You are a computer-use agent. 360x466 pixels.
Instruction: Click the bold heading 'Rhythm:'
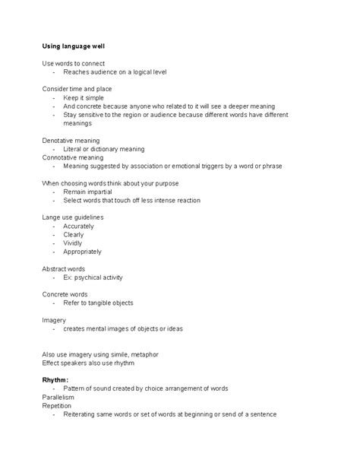pos(55,379)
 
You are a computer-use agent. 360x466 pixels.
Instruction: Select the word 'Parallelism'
pos(58,397)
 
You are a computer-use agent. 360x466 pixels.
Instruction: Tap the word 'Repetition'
pos(57,406)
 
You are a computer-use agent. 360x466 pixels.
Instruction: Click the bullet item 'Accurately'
pos(78,226)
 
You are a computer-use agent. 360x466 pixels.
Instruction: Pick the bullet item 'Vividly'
pos(74,243)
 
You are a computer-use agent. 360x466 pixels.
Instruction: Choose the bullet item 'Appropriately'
pos(83,252)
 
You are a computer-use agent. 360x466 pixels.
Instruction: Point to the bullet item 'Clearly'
pos(74,235)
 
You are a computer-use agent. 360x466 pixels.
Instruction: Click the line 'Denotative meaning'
pos(71,141)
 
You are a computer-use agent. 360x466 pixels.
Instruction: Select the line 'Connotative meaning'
pos(73,157)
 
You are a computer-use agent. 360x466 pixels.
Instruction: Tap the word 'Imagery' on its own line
pos(54,320)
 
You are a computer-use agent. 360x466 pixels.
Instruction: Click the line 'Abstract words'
pos(64,268)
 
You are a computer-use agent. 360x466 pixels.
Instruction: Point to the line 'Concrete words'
pos(65,294)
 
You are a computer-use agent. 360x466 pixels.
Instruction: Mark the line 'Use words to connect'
pos(73,63)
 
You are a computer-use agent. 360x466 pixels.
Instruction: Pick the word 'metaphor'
pos(144,354)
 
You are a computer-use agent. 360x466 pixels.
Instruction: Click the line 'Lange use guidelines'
pos(72,217)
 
